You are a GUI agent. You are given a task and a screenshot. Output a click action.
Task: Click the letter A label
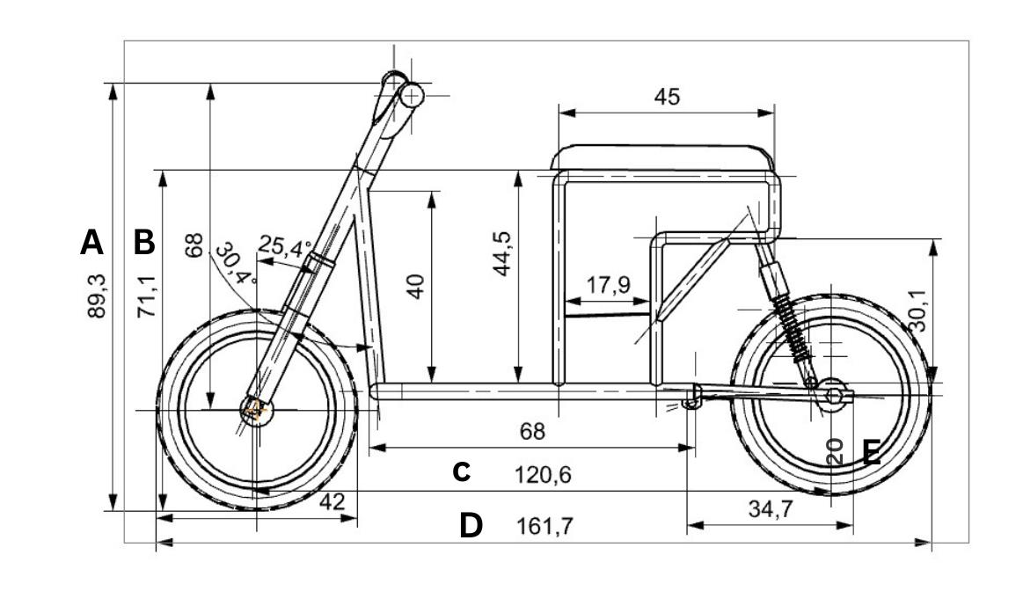(92, 242)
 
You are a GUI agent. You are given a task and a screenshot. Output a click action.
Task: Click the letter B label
(144, 242)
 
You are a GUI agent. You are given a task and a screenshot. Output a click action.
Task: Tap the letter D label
(471, 526)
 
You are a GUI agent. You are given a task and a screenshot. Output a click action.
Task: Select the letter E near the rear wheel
(872, 453)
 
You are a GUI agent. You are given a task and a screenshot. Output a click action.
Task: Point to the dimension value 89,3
(97, 296)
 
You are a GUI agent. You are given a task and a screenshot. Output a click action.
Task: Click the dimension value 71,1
(147, 296)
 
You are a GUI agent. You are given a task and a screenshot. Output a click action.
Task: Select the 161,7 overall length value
(544, 526)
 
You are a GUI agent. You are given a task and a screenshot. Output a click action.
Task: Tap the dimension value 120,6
(543, 475)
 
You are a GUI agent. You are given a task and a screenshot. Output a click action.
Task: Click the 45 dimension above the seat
(667, 97)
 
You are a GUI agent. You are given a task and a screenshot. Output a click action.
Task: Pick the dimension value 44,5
(502, 254)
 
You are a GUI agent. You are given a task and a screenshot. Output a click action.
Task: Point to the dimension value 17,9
(608, 285)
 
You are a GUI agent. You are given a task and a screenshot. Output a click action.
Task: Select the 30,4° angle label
(236, 264)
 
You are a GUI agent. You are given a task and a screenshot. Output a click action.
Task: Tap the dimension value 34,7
(771, 508)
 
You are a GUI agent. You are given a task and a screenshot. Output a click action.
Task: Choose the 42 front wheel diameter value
(332, 501)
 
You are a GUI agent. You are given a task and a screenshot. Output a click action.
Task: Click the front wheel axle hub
(257, 411)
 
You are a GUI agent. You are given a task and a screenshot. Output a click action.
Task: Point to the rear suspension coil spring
(792, 327)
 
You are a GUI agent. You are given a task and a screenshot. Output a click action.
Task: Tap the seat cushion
(663, 157)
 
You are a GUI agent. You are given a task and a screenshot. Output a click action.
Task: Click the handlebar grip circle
(412, 97)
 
